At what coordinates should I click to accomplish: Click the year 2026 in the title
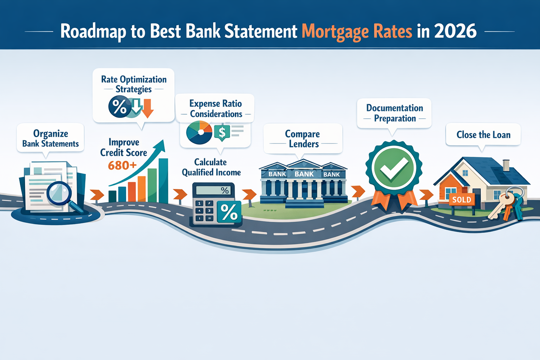[455, 31]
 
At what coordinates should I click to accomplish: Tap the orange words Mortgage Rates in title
[357, 32]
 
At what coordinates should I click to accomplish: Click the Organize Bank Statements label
[51, 139]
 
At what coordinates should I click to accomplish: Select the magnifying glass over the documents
[59, 193]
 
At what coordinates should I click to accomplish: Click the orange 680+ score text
[122, 165]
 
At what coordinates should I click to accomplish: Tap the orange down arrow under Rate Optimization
[148, 108]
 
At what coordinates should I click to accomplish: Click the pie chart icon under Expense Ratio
[199, 133]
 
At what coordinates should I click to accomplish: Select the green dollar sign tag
[222, 133]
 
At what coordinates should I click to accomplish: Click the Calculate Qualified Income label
[211, 167]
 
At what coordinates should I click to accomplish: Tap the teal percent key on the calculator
[229, 212]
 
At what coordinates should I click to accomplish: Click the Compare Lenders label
[303, 139]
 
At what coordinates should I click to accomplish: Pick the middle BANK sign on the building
[304, 174]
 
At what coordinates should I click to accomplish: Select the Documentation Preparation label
[394, 113]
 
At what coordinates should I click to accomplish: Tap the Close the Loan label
[483, 135]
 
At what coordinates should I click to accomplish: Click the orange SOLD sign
[462, 200]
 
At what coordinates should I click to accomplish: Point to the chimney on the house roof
[506, 165]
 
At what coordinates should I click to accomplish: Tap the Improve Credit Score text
[124, 147]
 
